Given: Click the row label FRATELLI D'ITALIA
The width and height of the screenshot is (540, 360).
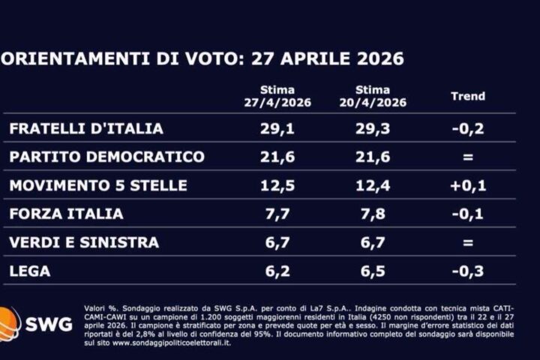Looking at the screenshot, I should pyautogui.click(x=86, y=128).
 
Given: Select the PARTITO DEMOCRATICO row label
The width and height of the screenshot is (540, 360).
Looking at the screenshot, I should pyautogui.click(x=107, y=157).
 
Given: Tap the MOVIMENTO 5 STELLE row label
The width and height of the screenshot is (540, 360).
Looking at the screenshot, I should pyautogui.click(x=98, y=185).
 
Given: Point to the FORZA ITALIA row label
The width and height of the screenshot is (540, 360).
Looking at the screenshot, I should pyautogui.click(x=67, y=214).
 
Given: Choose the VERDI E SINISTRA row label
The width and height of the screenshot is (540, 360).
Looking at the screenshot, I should pyautogui.click(x=84, y=242).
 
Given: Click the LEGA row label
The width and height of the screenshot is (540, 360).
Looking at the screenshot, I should pyautogui.click(x=30, y=271).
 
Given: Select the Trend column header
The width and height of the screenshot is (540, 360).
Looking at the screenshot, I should pyautogui.click(x=467, y=96).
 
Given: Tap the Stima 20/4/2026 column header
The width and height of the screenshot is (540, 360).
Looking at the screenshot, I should pyautogui.click(x=381, y=96).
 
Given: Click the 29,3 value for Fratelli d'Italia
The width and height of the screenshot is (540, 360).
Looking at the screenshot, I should pyautogui.click(x=381, y=128).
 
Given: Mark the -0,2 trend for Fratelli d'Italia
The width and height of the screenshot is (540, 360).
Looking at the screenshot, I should pyautogui.click(x=467, y=128).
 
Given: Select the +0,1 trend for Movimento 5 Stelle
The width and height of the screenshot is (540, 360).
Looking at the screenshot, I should pyautogui.click(x=467, y=185).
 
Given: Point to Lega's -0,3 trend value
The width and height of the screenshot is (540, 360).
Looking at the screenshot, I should pyautogui.click(x=467, y=271).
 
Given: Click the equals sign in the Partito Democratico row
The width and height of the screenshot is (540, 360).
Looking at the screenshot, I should pyautogui.click(x=467, y=157).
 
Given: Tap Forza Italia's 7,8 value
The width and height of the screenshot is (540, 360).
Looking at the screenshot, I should pyautogui.click(x=381, y=214).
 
